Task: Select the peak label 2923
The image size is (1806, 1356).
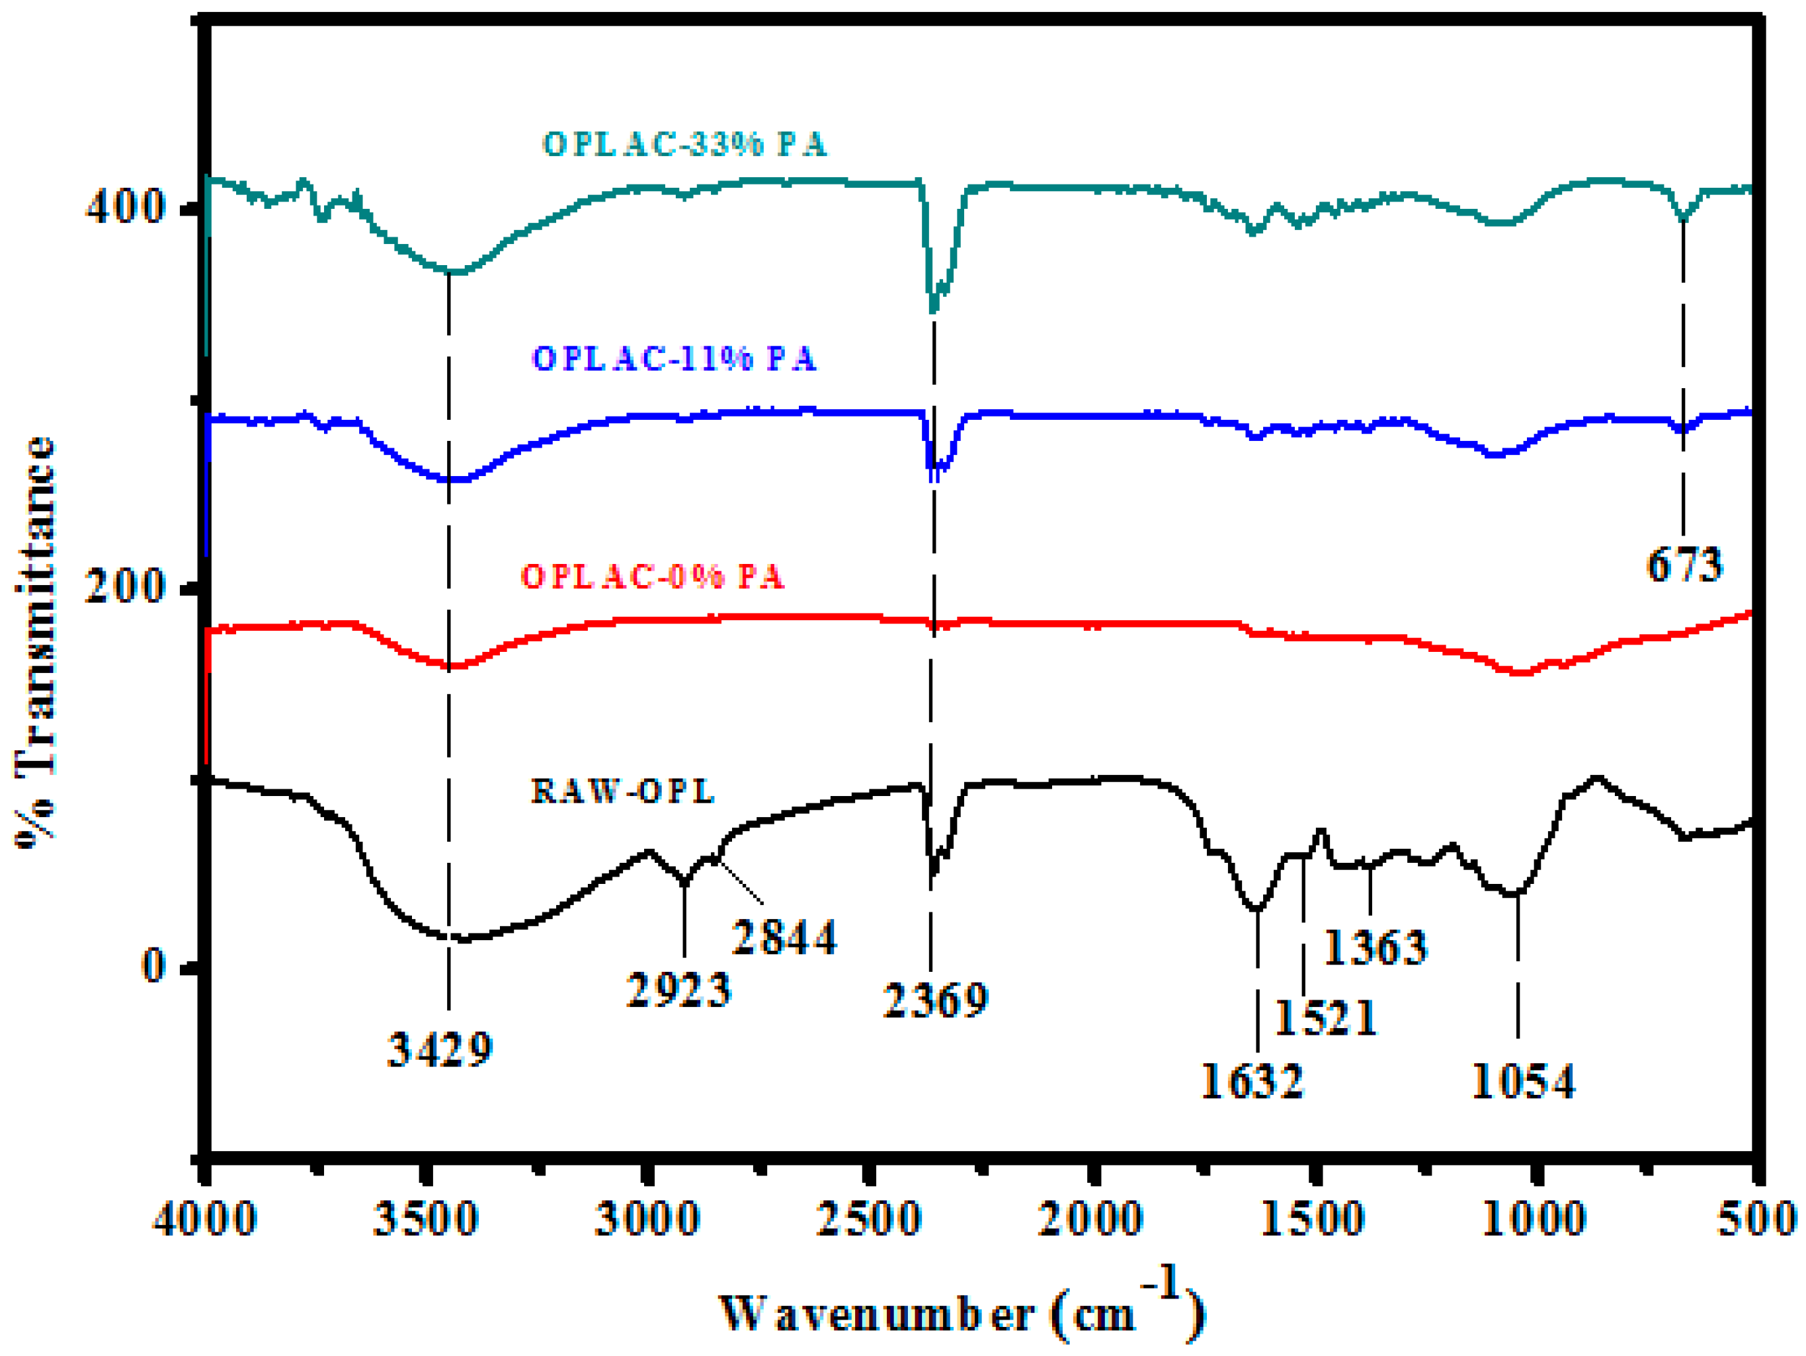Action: pos(678,990)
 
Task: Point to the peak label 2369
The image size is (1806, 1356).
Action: pos(936,1000)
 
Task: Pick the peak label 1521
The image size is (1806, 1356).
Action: pos(1325,1018)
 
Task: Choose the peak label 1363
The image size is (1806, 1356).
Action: pos(1375,947)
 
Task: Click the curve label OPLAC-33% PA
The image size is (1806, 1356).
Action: pos(684,145)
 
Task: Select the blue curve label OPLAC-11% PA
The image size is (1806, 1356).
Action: pos(674,358)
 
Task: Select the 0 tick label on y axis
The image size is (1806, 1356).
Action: pos(153,965)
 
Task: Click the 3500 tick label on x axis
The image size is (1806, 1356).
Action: pos(425,1219)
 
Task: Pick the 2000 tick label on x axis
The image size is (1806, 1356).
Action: pos(1089,1219)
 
